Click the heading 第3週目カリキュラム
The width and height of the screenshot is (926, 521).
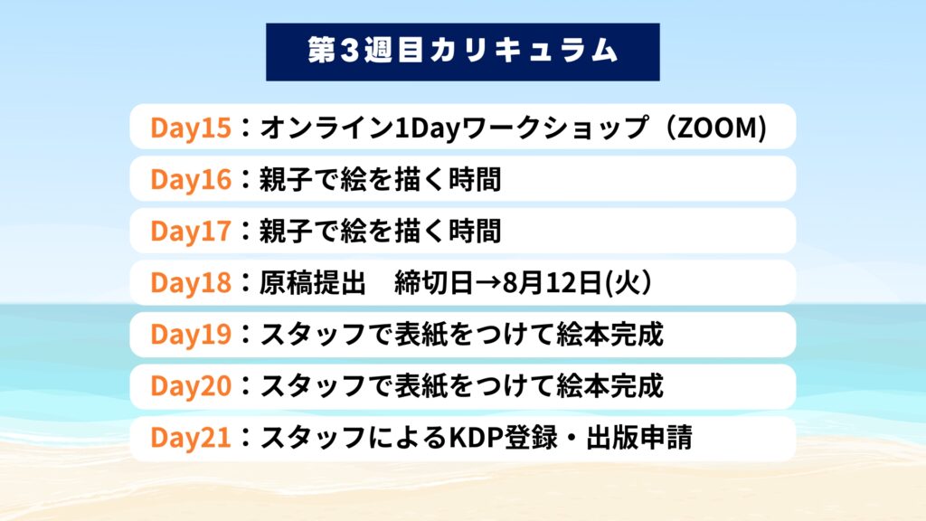pos(462,51)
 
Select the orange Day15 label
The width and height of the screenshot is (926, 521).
pos(191,128)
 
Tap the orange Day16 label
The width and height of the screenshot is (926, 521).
pos(191,179)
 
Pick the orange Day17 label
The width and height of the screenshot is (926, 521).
pos(191,231)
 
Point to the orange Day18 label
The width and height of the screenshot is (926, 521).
pos(191,282)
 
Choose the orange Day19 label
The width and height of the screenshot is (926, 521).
pos(191,334)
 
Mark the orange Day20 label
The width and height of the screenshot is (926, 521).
pos(191,385)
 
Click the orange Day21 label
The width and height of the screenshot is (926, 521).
pos(191,437)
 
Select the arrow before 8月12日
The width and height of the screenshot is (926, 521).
pos(487,283)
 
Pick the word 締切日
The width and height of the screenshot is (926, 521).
pos(434,282)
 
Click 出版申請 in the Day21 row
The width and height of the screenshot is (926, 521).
pos(639,438)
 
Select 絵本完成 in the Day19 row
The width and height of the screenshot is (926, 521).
pos(610,335)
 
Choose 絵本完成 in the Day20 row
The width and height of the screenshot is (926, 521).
pos(610,385)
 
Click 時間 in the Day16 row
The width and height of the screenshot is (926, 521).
pos(475,179)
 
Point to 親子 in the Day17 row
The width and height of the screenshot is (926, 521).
pos(287,231)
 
